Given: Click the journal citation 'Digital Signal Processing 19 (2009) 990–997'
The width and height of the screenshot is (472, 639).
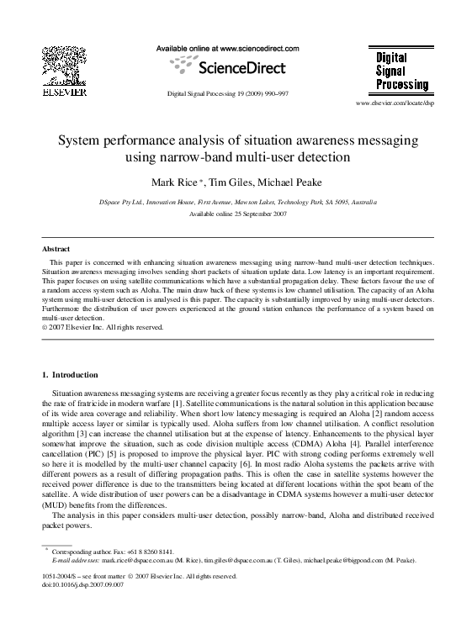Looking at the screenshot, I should click(x=227, y=93).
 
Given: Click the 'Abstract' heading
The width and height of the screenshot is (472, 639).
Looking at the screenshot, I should click(x=56, y=250).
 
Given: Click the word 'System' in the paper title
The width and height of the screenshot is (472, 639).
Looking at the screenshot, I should click(x=80, y=140).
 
